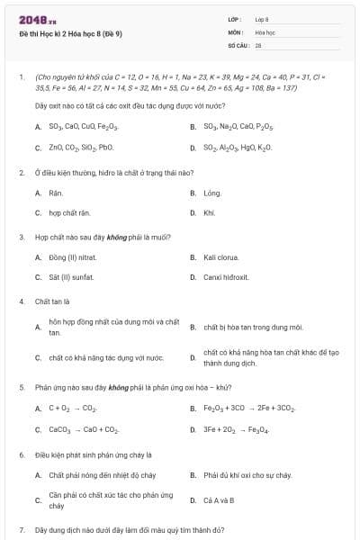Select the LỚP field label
pyautogui.click(x=235, y=19)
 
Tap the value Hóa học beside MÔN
pyautogui.click(x=265, y=31)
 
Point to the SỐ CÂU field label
pyautogui.click(x=238, y=44)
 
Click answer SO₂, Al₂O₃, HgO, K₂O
pyautogui.click(x=238, y=148)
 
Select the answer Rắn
pyautogui.click(x=56, y=193)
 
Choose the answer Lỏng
pyautogui.click(x=212, y=193)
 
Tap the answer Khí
pyautogui.click(x=210, y=213)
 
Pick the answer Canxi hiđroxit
pyautogui.click(x=226, y=278)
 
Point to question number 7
pyautogui.click(x=22, y=529)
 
